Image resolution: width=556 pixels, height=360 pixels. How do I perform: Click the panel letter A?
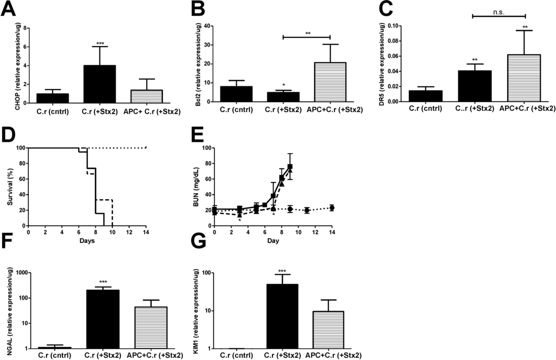10,9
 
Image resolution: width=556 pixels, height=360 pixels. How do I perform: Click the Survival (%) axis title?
7,187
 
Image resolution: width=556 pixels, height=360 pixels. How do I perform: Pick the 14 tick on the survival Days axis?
146,233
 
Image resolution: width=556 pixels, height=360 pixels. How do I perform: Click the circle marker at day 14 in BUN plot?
331,207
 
